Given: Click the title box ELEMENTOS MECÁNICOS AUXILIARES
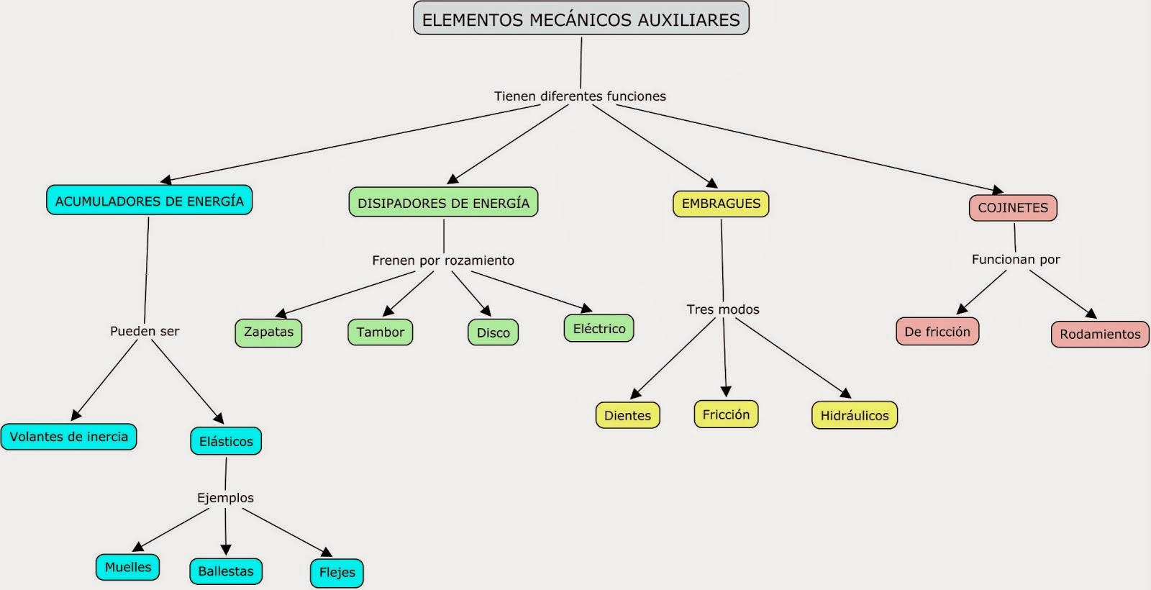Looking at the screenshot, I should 581,19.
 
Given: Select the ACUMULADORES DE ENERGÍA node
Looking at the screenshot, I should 149,201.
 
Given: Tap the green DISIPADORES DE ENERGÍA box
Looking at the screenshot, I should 443,203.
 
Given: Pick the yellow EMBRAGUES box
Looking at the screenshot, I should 721,204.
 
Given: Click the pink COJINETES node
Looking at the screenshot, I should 1013,208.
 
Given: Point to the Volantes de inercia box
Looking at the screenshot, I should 69,437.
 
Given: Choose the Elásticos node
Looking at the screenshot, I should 226,441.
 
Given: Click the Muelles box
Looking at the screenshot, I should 128,567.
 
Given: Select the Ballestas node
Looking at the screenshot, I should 226,571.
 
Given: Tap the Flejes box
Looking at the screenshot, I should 337,573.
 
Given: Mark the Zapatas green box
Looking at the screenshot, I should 268,332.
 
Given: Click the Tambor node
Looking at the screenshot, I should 380,332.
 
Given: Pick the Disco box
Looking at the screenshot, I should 493,333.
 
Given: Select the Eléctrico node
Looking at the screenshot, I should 599,329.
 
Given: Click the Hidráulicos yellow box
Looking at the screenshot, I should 855,416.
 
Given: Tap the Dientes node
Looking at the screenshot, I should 627,416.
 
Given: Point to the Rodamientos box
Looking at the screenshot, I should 1100,335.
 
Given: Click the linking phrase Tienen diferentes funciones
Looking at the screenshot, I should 580,96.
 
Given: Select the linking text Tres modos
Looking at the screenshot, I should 723,309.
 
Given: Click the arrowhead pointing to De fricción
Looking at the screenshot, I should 962,309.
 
